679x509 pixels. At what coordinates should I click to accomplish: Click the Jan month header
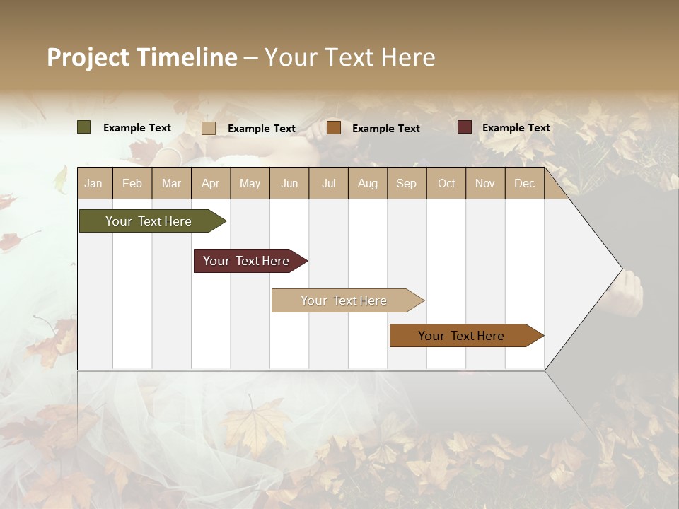[x=93, y=184]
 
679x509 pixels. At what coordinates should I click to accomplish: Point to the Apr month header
[x=210, y=184]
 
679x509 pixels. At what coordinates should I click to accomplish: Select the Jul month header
[x=328, y=184]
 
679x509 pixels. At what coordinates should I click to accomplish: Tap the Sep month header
[x=406, y=184]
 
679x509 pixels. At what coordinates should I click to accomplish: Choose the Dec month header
[x=524, y=184]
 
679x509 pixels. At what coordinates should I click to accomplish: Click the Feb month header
[x=132, y=184]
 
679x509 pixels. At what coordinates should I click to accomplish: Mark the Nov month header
[x=484, y=184]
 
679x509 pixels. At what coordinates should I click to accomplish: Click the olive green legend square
[x=84, y=127]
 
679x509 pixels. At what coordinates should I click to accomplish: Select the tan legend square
[x=209, y=128]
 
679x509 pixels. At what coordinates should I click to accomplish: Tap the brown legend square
[x=334, y=128]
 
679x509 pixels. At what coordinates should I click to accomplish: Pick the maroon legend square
[x=464, y=127]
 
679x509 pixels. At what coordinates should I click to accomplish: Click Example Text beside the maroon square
[x=516, y=128]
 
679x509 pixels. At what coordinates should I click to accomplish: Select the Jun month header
[x=289, y=184]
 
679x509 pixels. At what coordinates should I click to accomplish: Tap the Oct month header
[x=446, y=184]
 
